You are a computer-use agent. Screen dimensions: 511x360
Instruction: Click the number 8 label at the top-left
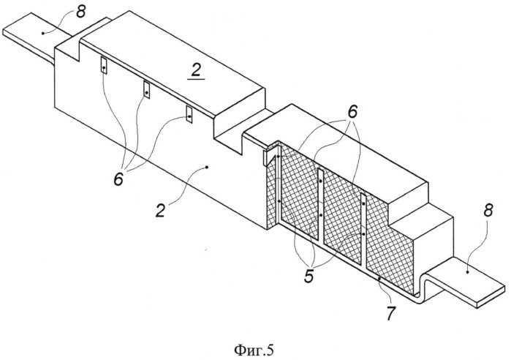click(x=81, y=12)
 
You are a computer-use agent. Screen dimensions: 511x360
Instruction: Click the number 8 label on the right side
click(x=488, y=211)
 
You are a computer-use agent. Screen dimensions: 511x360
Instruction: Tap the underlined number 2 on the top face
click(x=195, y=72)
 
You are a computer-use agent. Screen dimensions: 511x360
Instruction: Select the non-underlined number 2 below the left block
click(x=160, y=211)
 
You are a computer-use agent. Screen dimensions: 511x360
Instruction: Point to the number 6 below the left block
click(x=118, y=179)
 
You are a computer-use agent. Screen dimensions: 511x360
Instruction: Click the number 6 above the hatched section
click(x=352, y=112)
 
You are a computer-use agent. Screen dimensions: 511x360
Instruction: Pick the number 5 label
click(x=309, y=276)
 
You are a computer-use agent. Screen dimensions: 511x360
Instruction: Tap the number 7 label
click(x=390, y=313)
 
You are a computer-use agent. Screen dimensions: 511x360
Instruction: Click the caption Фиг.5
click(x=254, y=350)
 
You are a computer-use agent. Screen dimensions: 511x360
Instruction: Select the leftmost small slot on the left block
click(x=104, y=66)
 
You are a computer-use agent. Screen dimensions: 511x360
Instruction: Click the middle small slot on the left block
click(x=147, y=90)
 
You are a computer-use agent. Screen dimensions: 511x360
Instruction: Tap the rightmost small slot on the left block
click(x=189, y=114)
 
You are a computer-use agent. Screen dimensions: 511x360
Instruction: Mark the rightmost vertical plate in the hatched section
click(x=363, y=228)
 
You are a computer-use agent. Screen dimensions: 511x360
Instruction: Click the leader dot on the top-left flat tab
click(x=42, y=33)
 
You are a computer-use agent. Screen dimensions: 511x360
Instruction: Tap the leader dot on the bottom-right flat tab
click(x=467, y=271)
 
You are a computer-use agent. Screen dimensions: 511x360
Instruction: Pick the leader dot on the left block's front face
click(x=207, y=168)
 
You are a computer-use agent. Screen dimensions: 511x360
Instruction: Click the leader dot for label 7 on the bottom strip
click(x=379, y=279)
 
